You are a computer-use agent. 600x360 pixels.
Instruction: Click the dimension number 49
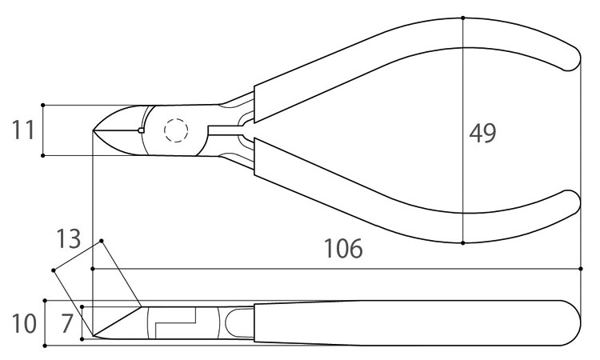(482, 133)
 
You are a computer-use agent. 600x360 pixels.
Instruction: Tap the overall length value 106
(343, 249)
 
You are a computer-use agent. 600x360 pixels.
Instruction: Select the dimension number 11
(23, 130)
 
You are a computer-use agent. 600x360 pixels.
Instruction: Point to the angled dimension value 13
(69, 238)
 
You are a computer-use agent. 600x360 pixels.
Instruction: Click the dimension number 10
(24, 323)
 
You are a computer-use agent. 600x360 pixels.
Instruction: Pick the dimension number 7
(67, 323)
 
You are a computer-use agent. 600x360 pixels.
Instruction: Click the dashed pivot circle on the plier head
(176, 130)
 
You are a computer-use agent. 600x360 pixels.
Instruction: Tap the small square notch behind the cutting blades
(141, 130)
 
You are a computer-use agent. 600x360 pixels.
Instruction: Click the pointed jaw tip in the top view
(94, 130)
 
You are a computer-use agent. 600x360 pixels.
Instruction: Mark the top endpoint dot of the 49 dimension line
(463, 18)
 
